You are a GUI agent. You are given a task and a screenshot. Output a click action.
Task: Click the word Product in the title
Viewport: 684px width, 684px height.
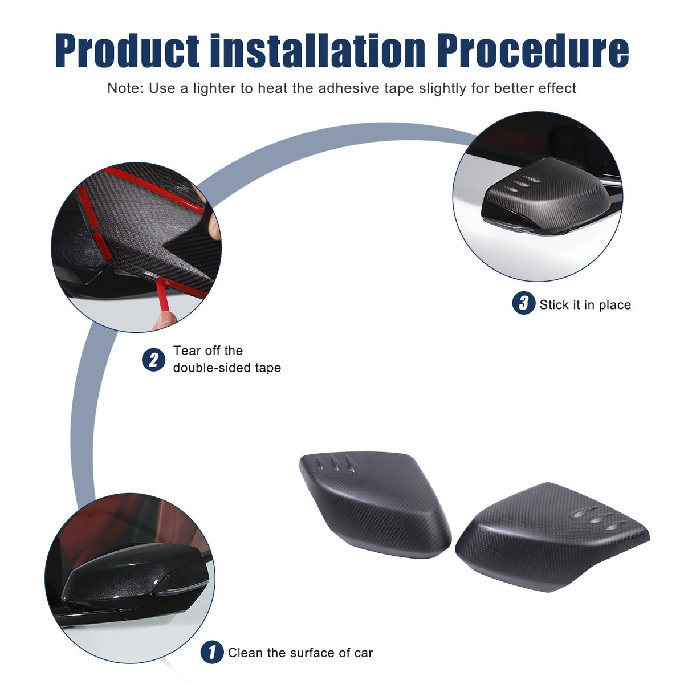click(x=127, y=50)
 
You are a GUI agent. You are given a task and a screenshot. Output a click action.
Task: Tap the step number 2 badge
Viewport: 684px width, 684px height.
click(x=153, y=360)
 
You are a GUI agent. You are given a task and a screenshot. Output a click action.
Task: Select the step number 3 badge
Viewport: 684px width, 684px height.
click(x=523, y=303)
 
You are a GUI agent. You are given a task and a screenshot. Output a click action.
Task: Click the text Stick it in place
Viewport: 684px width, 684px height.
click(x=585, y=304)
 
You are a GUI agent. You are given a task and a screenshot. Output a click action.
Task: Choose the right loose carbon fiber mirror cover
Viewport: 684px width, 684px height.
click(x=551, y=532)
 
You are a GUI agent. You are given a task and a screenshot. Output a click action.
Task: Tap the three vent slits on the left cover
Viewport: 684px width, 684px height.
click(x=335, y=464)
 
